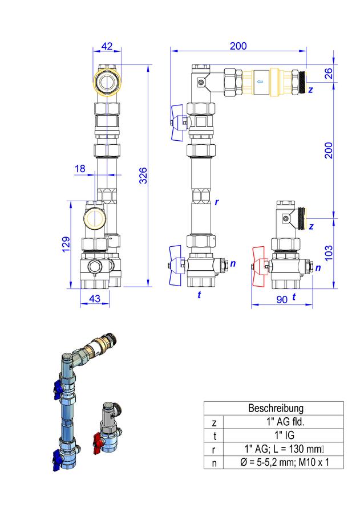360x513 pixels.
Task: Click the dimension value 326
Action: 143,176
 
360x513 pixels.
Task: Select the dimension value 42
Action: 107,46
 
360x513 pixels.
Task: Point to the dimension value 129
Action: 66,245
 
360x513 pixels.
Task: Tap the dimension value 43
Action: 95,298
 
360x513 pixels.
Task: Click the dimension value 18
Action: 80,169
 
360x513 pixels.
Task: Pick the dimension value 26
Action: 328,73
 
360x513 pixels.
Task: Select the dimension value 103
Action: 328,253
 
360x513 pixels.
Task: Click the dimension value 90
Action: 282,299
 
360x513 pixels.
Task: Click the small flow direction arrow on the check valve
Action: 260,82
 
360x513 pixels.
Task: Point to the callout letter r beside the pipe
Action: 217,202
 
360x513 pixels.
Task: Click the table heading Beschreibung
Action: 276,408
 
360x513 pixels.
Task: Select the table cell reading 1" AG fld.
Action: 285,422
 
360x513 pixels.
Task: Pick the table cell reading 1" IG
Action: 284,435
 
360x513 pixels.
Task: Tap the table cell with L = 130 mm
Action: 284,449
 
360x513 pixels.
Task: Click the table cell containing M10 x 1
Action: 284,462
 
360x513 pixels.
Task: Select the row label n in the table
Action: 214,463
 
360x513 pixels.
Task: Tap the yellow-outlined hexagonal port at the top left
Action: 107,83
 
